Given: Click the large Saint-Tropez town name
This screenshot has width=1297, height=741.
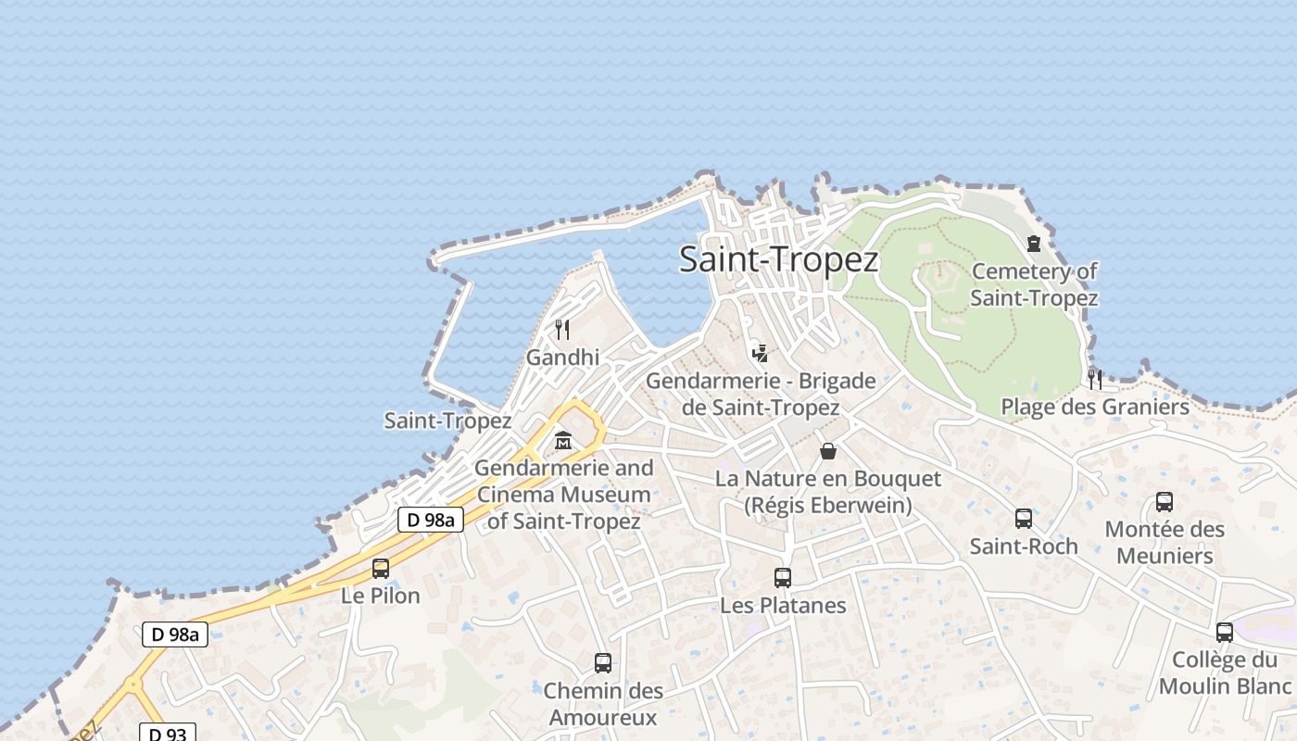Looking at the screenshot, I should [x=778, y=259].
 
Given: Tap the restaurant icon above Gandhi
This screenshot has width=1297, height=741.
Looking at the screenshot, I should [x=561, y=329].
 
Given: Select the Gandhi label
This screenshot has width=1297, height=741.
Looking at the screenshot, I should [x=562, y=358].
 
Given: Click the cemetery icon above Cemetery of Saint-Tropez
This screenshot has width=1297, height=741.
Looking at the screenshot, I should [x=1034, y=244].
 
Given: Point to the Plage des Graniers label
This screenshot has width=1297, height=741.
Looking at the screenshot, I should [x=1095, y=407].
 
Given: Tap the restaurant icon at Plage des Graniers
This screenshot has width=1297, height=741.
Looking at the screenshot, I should [x=1095, y=379].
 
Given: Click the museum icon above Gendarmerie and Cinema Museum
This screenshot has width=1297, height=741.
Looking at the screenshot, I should [x=563, y=441].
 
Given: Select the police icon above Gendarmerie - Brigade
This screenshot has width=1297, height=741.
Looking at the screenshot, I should [x=761, y=353].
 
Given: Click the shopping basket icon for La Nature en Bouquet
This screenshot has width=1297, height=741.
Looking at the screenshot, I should [x=828, y=451].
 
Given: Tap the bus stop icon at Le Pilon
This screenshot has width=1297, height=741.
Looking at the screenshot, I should [x=381, y=568].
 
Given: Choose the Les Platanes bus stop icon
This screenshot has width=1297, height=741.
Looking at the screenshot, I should [x=783, y=578].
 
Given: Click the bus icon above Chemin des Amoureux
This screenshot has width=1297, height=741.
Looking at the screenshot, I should [x=603, y=663].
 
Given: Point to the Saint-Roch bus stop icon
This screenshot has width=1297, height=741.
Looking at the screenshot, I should [x=1024, y=519].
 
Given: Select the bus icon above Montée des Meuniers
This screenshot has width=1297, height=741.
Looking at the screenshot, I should [x=1165, y=502].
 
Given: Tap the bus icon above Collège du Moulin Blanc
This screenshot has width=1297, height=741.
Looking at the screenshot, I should [x=1225, y=633].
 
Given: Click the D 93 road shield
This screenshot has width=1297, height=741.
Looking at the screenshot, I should [x=168, y=734].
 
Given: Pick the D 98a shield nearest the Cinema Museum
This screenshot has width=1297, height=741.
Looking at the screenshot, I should [x=431, y=520].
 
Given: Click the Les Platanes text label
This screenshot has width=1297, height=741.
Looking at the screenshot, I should [x=783, y=606].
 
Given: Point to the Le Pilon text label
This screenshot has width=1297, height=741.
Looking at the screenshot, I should [x=381, y=596].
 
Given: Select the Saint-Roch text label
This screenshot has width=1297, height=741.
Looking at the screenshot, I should [x=1024, y=546].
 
